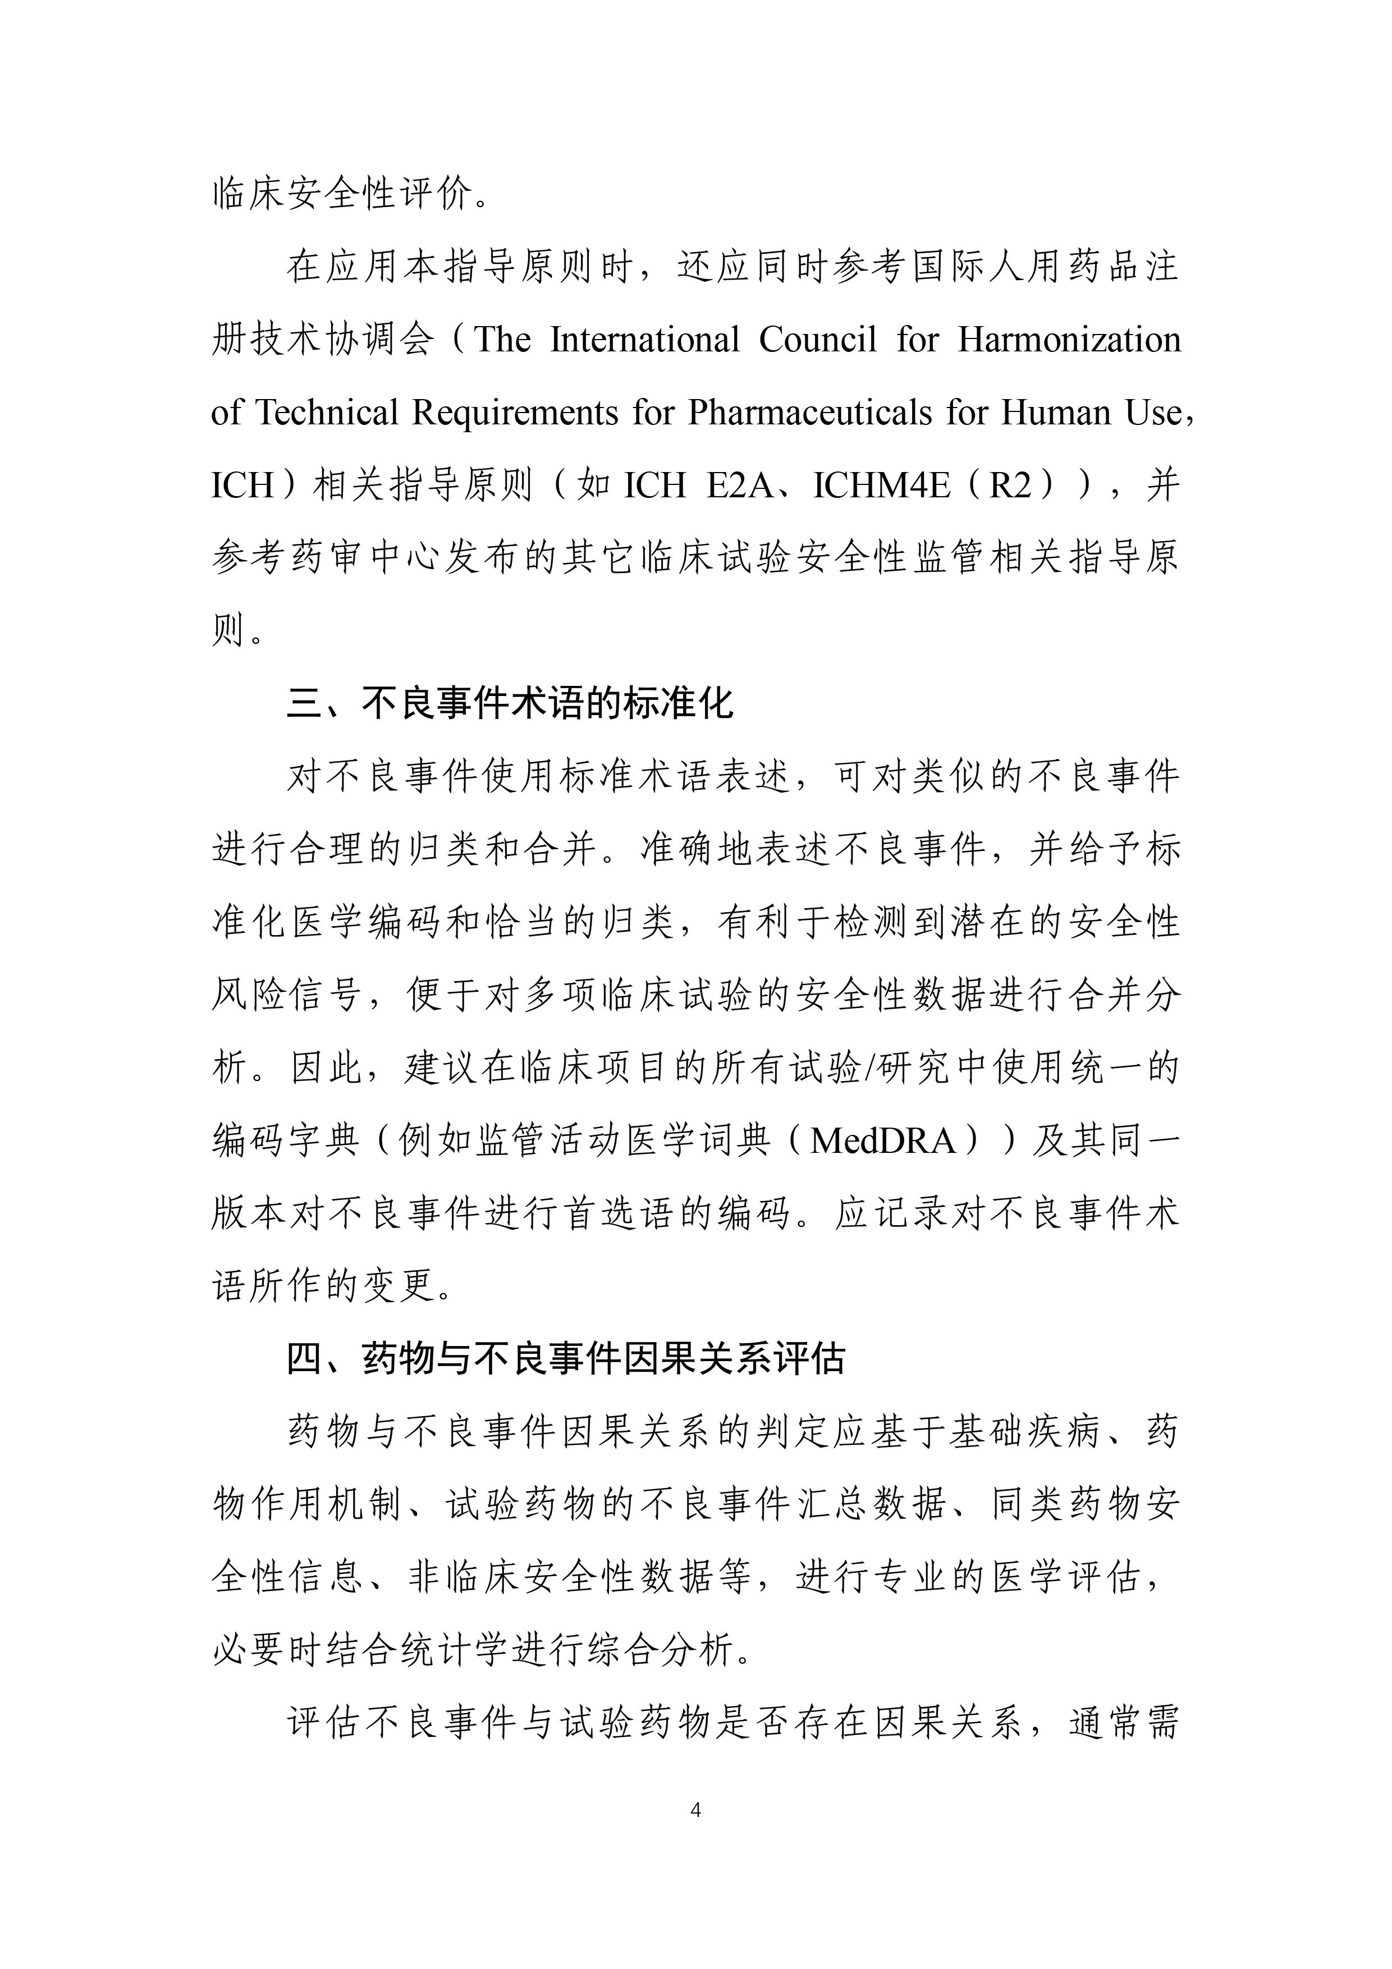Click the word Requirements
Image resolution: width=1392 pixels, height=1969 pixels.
coord(515,413)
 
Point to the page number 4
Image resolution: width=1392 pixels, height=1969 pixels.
coord(695,1810)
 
